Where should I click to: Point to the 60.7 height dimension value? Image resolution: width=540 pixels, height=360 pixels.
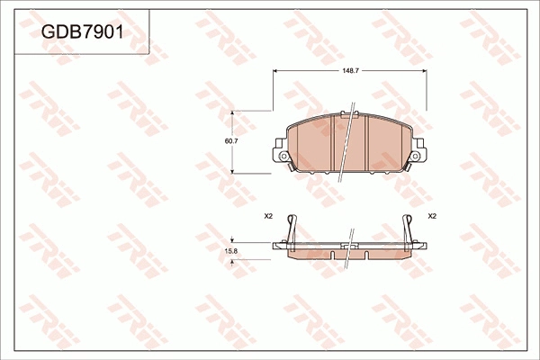(x=230, y=141)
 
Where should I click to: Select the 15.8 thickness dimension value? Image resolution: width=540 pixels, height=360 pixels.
(x=230, y=251)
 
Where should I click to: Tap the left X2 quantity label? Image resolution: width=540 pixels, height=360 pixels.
(x=268, y=216)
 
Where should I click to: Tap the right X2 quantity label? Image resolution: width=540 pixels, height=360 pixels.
(x=432, y=216)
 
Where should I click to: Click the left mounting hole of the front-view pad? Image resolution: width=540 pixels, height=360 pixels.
(x=284, y=157)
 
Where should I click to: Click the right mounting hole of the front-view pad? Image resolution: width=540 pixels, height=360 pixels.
(x=415, y=157)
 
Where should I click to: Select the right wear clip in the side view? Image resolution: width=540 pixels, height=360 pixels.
(x=408, y=229)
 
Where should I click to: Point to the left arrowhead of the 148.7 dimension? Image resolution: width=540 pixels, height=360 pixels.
(x=276, y=71)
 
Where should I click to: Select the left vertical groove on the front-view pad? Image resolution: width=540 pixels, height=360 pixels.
(x=333, y=144)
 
